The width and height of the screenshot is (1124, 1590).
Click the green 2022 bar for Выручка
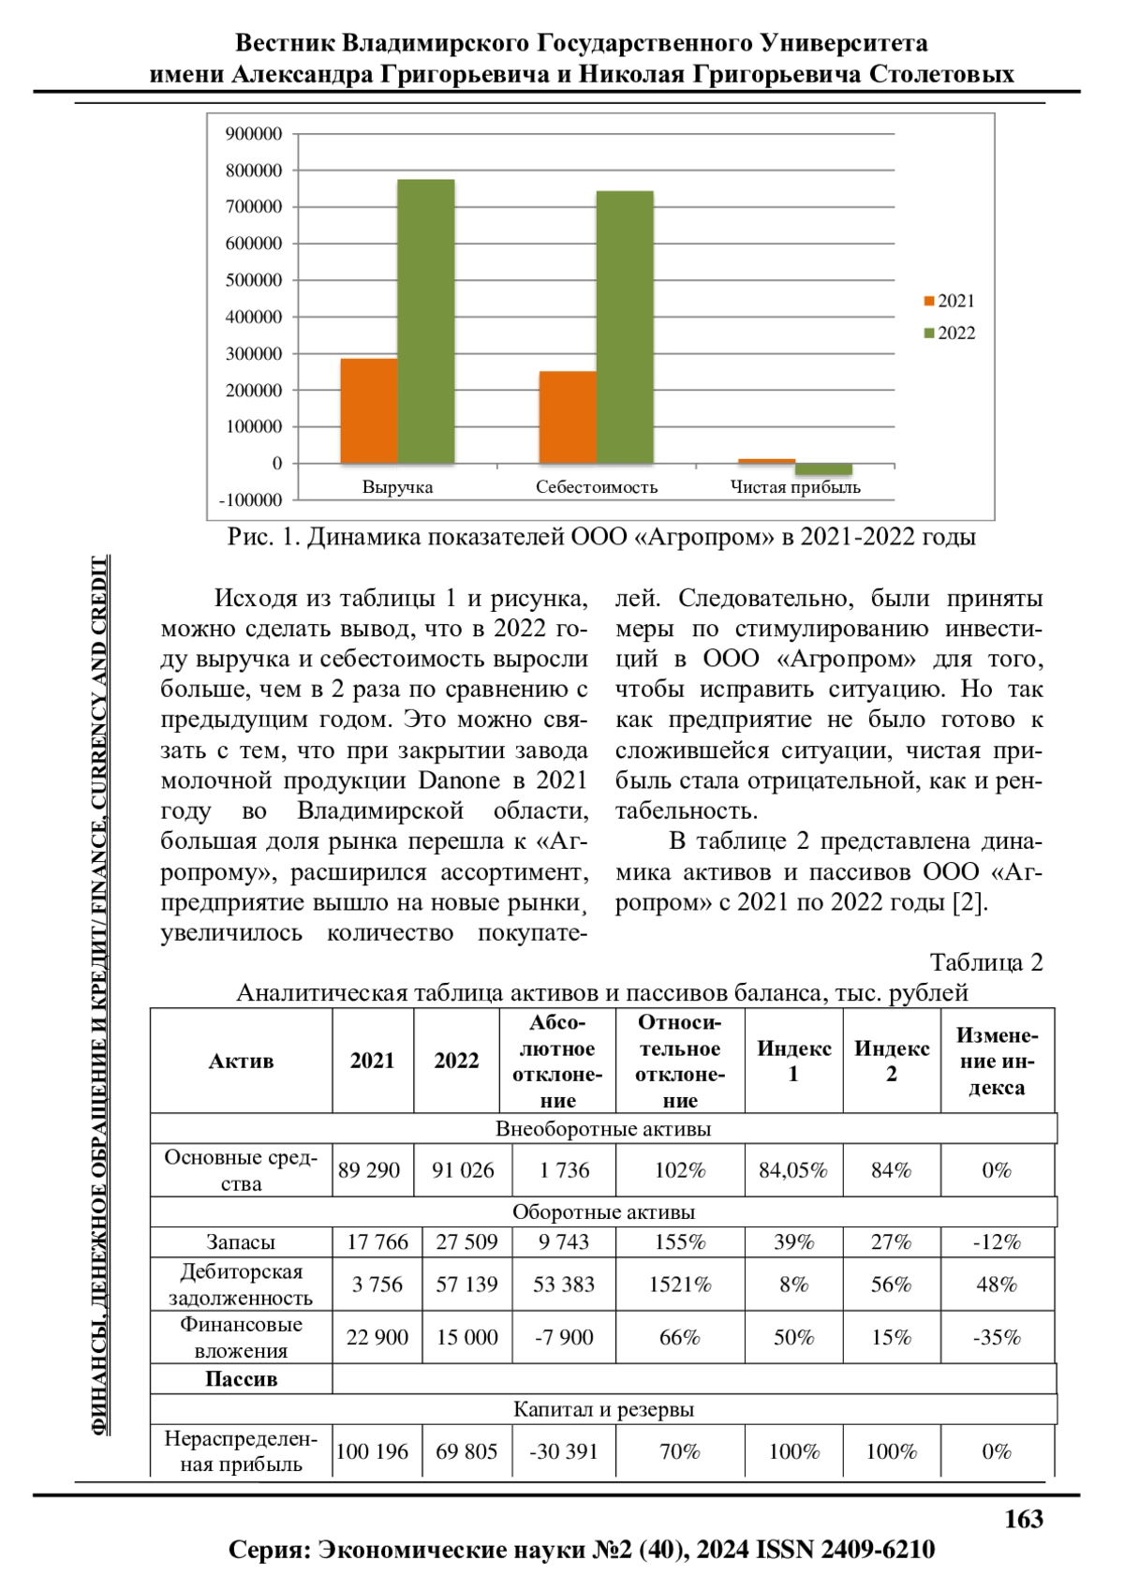click(x=426, y=320)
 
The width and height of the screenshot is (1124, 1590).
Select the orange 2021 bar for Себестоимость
click(x=568, y=417)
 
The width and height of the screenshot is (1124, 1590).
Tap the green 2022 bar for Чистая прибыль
click(x=824, y=468)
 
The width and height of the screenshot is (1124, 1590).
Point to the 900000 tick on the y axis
click(x=253, y=134)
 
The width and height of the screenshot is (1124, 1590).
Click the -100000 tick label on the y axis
click(x=250, y=500)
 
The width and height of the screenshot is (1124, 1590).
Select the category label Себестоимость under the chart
click(x=597, y=487)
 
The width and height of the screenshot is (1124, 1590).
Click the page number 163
click(x=1023, y=1519)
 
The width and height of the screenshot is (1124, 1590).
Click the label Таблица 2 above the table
click(x=985, y=962)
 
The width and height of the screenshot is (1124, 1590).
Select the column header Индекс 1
click(x=793, y=1061)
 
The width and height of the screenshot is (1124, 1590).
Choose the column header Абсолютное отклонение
click(x=557, y=1061)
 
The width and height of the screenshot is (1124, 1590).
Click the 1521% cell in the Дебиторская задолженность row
click(x=680, y=1284)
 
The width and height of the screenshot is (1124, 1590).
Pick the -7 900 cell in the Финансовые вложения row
click(x=564, y=1337)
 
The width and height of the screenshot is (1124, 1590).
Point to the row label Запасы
click(x=241, y=1242)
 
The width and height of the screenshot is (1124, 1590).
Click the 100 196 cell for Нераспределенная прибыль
click(x=372, y=1451)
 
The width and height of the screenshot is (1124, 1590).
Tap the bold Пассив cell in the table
click(x=241, y=1379)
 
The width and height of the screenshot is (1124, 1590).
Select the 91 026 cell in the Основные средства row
click(x=463, y=1170)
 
